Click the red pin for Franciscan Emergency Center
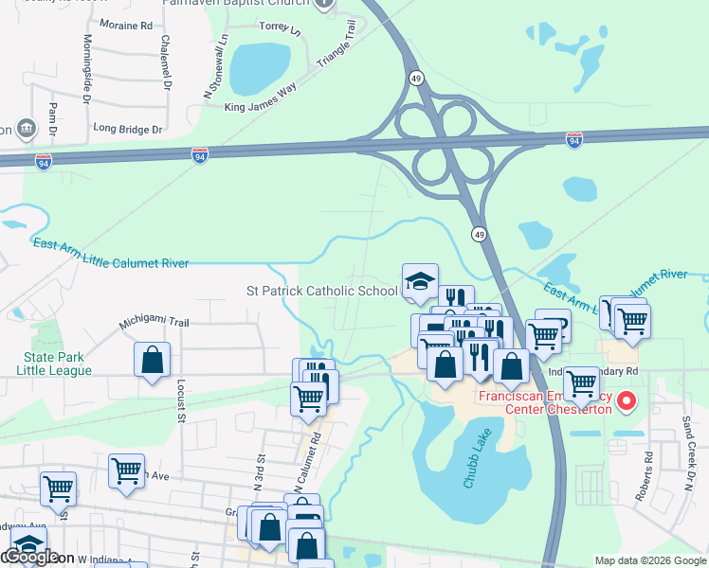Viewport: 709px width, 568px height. coord(626,403)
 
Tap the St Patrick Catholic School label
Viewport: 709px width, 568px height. coord(321,291)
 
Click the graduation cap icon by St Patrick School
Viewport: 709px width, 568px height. coord(420,281)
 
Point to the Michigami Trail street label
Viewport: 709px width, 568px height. coord(154,323)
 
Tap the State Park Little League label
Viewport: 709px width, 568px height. coord(54,364)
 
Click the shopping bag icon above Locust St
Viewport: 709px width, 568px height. coord(152,360)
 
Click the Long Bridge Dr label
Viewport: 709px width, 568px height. coord(128,128)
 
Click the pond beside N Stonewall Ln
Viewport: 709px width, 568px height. coord(258,64)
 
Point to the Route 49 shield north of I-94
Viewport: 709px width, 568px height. coord(416,77)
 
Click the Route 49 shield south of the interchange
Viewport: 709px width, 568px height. coord(480,234)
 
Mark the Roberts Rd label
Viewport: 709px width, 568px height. coord(648,468)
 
